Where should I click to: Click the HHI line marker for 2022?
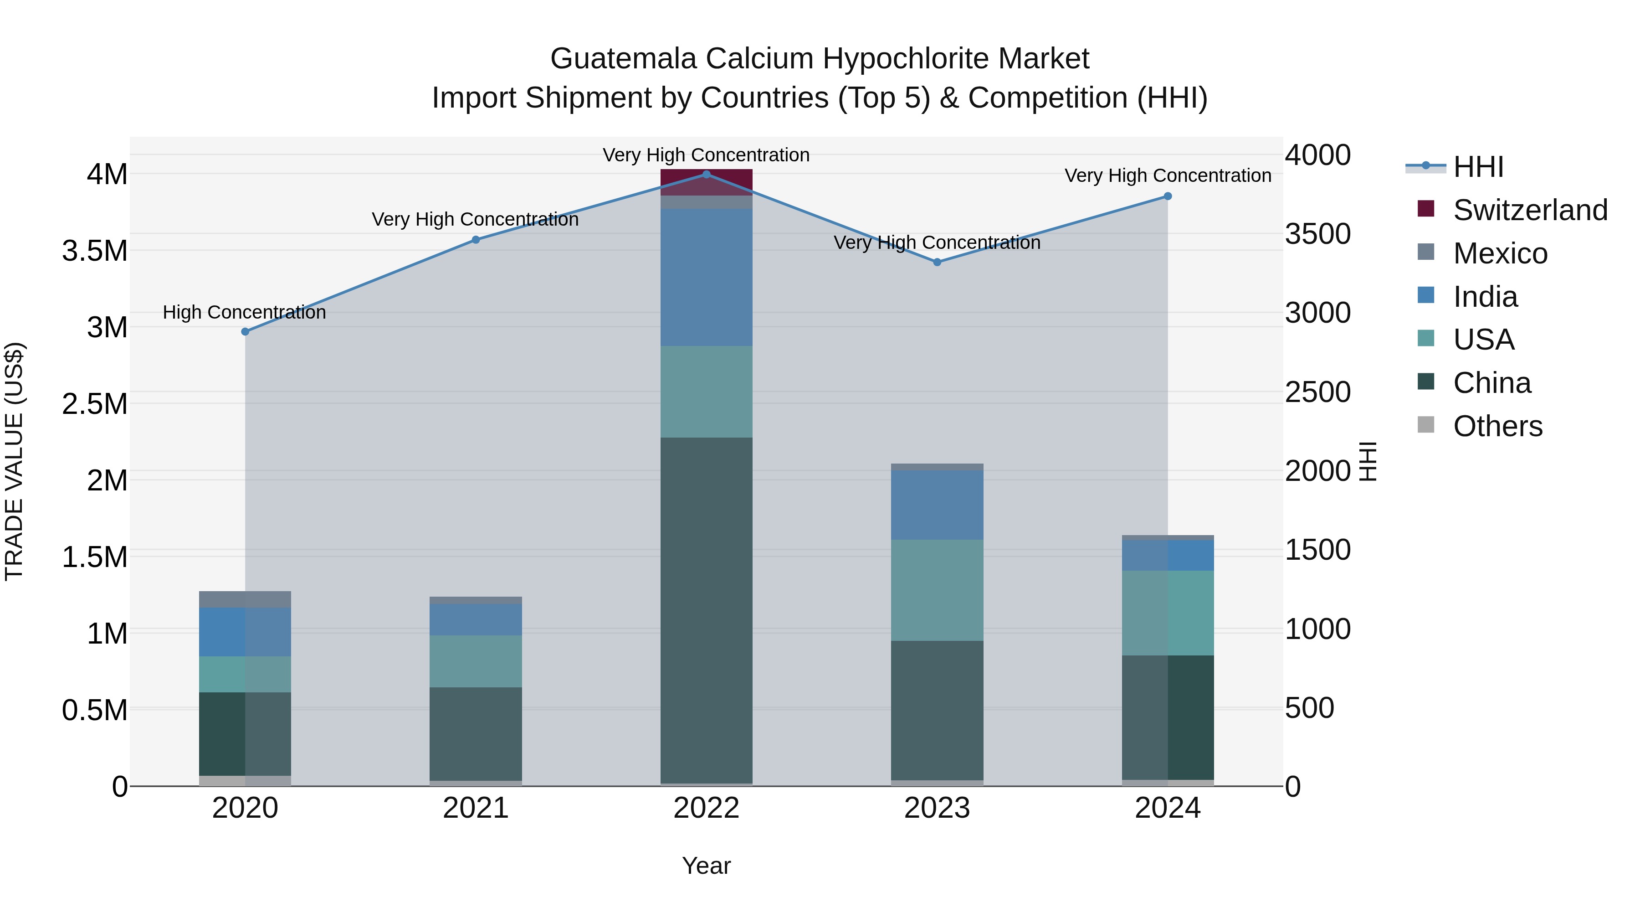pyautogui.click(x=706, y=175)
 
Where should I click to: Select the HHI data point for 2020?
pyautogui.click(x=245, y=332)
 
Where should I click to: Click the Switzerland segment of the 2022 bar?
pyautogui.click(x=706, y=183)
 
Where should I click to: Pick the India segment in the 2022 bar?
pyautogui.click(x=706, y=277)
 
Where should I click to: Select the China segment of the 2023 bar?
pyautogui.click(x=937, y=710)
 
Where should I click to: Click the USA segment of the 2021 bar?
pyautogui.click(x=476, y=661)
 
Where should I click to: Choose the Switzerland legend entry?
pyautogui.click(x=1530, y=210)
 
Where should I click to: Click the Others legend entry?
pyautogui.click(x=1497, y=426)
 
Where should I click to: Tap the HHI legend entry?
pyautogui.click(x=1478, y=167)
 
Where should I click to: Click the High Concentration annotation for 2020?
pyautogui.click(x=245, y=312)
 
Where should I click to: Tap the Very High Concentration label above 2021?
pyautogui.click(x=476, y=219)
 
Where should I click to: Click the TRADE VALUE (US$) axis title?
pyautogui.click(x=14, y=461)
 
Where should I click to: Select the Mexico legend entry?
pyautogui.click(x=1500, y=253)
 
